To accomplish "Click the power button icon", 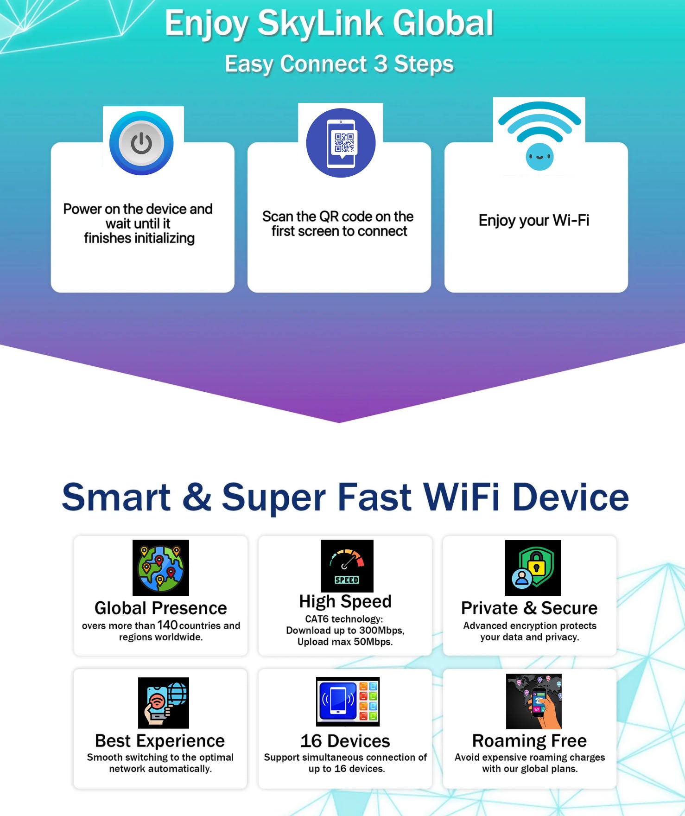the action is (141, 143).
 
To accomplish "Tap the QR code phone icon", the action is (341, 143).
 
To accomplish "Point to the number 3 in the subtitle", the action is (381, 64).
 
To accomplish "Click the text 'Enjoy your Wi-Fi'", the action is (534, 220).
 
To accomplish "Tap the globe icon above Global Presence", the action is (161, 568).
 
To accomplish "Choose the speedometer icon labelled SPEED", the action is (347, 566).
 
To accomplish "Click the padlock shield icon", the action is (533, 568).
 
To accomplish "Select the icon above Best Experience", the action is (164, 703).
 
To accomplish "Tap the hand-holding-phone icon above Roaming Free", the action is (534, 701).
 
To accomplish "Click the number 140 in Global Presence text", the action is (167, 625).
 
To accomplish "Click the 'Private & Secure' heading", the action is (529, 608).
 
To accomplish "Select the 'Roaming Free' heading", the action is (529, 741).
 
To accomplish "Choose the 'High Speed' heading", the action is (345, 601).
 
